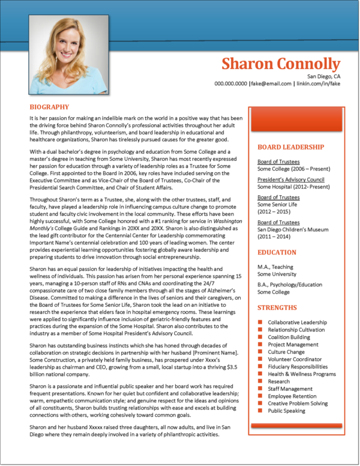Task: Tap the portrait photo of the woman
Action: tap(69, 55)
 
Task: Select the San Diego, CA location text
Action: tap(323, 76)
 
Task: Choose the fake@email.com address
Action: tap(271, 84)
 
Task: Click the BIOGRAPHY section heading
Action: tap(49, 107)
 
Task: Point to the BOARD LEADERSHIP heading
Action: tap(290, 147)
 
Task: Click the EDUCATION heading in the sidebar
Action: tap(277, 252)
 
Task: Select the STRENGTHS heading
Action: tap(277, 307)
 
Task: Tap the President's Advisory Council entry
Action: tap(290, 180)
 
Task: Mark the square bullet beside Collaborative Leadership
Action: tap(260, 323)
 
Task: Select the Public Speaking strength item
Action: tap(286, 411)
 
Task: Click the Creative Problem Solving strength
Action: tap(298, 404)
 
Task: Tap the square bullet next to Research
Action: tap(260, 381)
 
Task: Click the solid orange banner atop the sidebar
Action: tap(296, 120)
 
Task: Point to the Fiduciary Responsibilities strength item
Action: tap(298, 367)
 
